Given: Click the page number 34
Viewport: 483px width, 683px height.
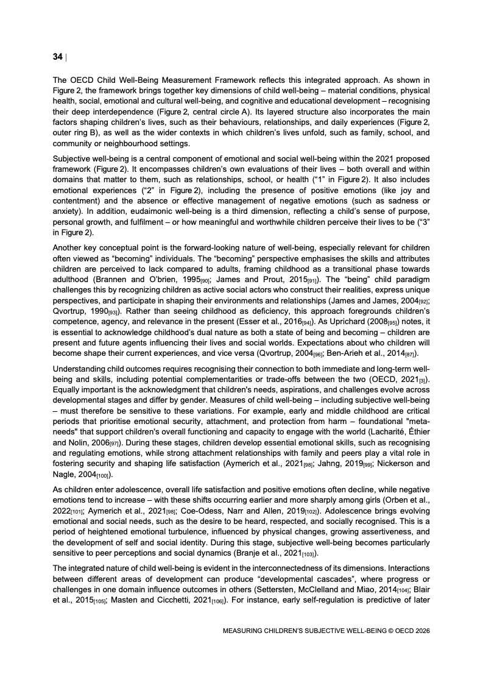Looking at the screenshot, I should (57, 57).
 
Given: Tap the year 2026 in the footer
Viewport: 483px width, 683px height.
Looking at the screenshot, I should (420, 631).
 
